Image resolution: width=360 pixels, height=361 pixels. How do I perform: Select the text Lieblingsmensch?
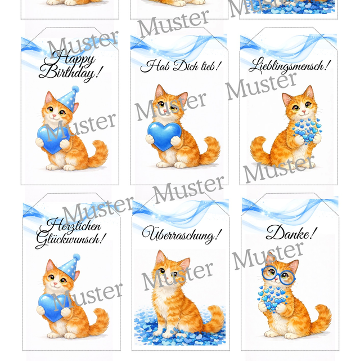click(290, 66)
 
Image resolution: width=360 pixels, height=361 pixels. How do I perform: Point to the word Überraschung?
click(182, 234)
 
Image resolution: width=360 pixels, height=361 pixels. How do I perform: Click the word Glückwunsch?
click(71, 239)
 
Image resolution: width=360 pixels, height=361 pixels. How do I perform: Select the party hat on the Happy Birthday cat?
click(69, 99)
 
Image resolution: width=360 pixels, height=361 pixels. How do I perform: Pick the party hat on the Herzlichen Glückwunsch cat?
click(70, 266)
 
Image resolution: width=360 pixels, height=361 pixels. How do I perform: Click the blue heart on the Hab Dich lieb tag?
click(164, 136)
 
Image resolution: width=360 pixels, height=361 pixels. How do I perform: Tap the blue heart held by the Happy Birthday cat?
click(53, 139)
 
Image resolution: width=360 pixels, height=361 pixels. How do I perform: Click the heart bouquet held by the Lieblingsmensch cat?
click(307, 131)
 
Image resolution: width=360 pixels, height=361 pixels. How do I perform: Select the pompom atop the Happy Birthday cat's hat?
click(75, 89)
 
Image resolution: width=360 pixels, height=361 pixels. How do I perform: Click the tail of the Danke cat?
click(321, 316)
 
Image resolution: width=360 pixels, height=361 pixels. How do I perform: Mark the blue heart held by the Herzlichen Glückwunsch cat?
click(54, 307)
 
